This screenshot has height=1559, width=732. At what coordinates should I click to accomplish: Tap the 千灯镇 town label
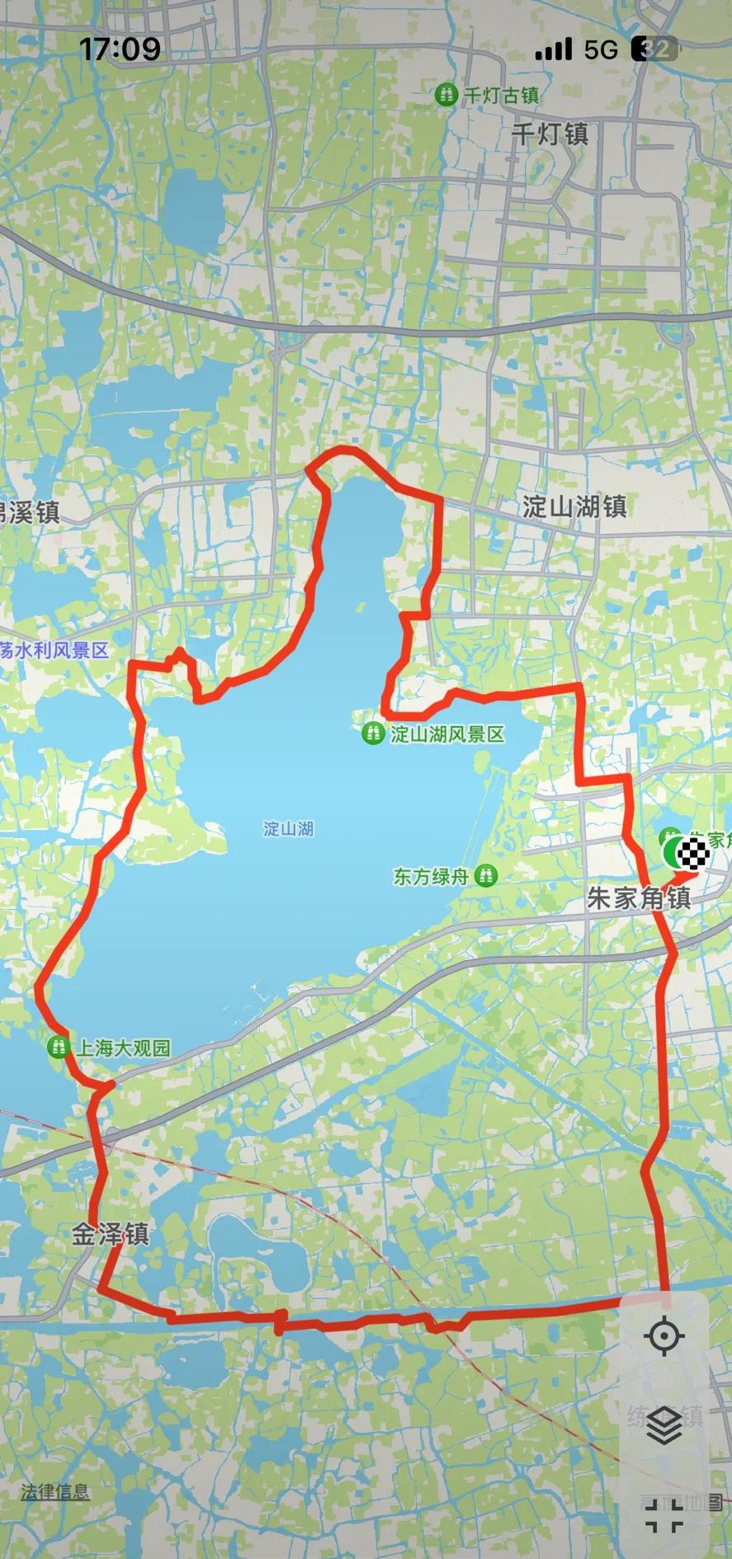point(550,134)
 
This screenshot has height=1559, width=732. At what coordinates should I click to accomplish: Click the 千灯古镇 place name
point(501,96)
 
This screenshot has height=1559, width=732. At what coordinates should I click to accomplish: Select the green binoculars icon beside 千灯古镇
point(446,95)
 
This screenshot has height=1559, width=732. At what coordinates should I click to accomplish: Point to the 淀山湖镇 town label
point(574,506)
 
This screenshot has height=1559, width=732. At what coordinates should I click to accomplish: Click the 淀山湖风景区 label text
point(447,733)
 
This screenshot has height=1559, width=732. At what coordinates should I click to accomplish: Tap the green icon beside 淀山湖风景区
point(374,732)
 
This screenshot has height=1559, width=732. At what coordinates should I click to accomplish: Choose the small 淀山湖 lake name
point(288,828)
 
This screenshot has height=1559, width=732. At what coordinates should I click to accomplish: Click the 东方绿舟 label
point(430,876)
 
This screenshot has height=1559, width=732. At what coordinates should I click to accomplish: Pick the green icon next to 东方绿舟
point(486,876)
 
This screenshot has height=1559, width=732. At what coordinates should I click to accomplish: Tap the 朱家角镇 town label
point(639,898)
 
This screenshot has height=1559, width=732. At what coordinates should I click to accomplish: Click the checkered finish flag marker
point(693,853)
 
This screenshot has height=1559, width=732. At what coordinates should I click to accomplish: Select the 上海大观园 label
point(124,1048)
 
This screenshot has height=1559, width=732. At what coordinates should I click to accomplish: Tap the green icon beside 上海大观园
point(58,1048)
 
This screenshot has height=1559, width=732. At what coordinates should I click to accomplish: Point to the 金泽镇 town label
point(110,1234)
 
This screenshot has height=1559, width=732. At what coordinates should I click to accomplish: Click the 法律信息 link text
point(55,1491)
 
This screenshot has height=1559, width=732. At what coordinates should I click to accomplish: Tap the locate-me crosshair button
point(664,1336)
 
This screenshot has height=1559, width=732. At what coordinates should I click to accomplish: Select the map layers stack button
point(664,1425)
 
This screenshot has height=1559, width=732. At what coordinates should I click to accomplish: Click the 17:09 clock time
point(120,49)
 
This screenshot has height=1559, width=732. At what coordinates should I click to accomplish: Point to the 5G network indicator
point(601,49)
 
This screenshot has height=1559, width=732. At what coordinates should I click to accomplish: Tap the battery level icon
point(654,49)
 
